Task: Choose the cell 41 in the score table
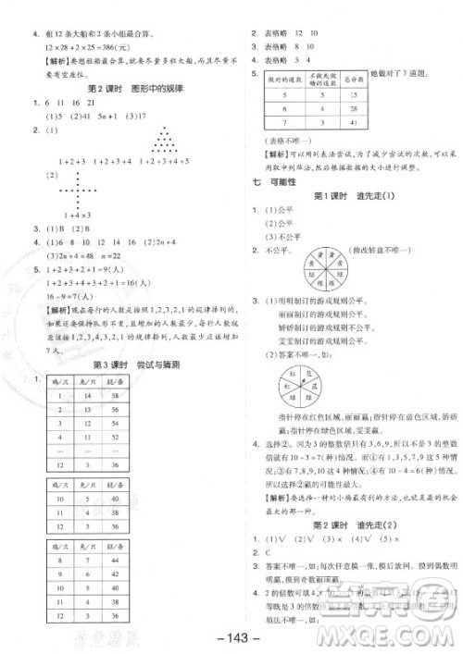pyautogui.click(x=357, y=121)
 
